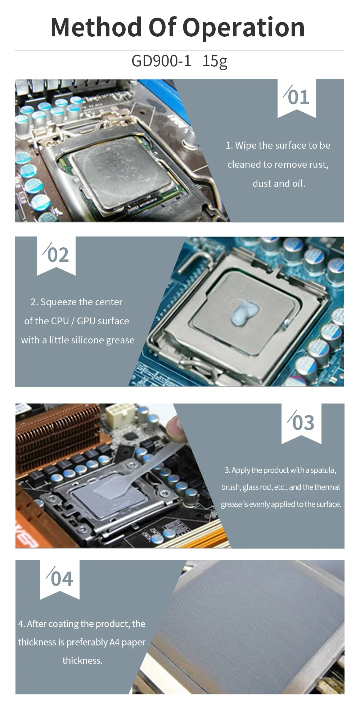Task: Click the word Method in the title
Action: tap(96, 27)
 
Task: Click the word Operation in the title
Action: tap(244, 28)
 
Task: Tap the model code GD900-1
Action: tap(161, 61)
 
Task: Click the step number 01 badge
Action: tap(297, 98)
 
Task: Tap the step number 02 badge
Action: tap(56, 255)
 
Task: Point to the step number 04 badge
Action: tap(60, 579)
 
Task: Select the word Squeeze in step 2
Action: tap(58, 302)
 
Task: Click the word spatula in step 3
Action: tap(323, 470)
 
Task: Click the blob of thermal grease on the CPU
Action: tap(244, 311)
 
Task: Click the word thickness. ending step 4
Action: tap(82, 661)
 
